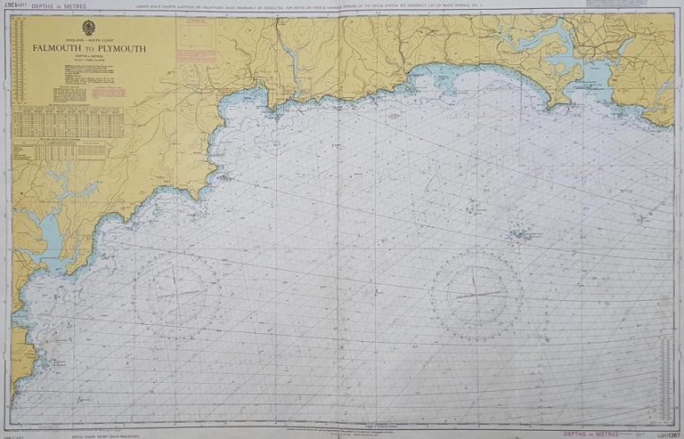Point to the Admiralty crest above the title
(x=89, y=28)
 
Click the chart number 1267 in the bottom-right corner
(x=664, y=432)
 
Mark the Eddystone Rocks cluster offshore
(x=521, y=235)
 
